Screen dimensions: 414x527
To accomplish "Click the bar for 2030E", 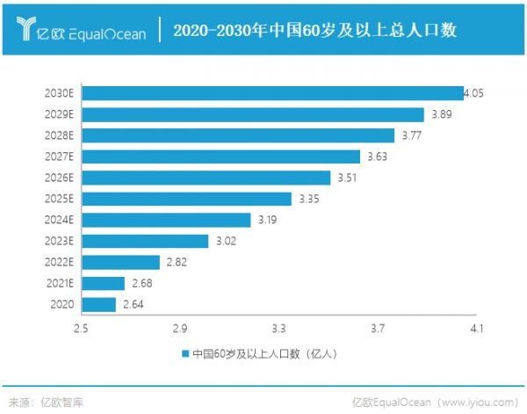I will [273, 93].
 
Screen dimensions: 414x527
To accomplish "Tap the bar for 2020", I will [99, 304].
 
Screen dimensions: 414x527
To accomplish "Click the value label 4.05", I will [474, 92].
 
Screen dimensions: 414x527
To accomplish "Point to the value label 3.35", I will [308, 199].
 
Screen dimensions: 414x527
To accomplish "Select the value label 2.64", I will [132, 304].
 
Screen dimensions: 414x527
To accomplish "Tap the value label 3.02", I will [226, 241].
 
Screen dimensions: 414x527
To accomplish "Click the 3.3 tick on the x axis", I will [279, 328].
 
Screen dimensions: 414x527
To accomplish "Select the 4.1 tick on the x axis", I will [477, 328].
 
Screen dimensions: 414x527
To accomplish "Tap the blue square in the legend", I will [185, 354].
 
